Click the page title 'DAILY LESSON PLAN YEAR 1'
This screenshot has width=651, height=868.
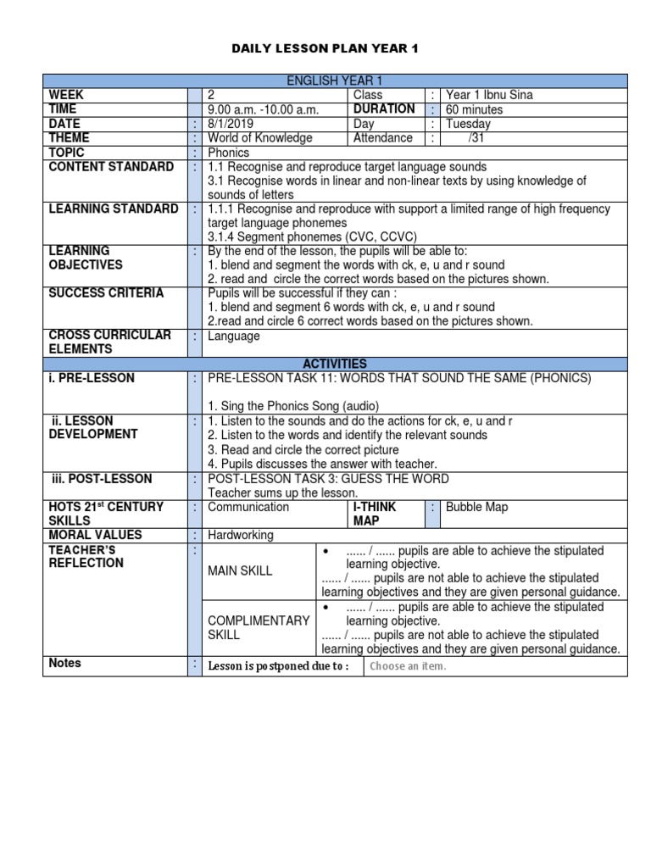[x=325, y=49]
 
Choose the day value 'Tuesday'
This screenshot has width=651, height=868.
[x=468, y=124]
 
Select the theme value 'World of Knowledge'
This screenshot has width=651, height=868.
[x=260, y=138]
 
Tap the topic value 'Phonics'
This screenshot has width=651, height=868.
[x=229, y=153]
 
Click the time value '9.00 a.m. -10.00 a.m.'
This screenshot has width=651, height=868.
[x=264, y=109]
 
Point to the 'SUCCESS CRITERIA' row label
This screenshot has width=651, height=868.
[x=106, y=293]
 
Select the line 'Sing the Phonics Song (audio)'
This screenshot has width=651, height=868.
[x=293, y=406]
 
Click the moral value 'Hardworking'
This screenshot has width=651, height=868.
[x=241, y=535]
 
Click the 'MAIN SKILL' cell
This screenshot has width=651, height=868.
[x=240, y=570]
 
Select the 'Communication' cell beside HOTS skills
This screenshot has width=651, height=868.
[x=248, y=507]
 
